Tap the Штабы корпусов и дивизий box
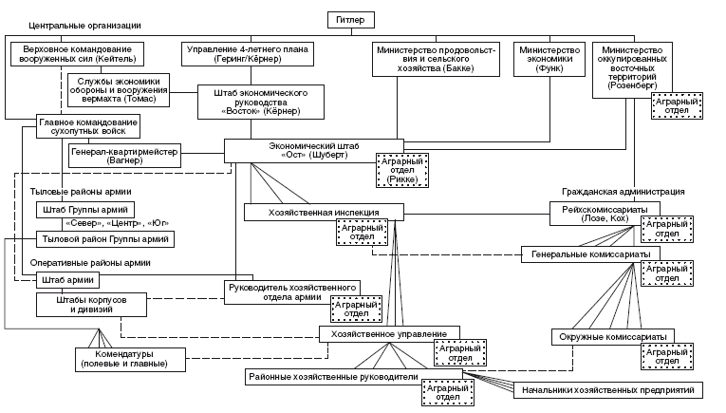tap(92, 305)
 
